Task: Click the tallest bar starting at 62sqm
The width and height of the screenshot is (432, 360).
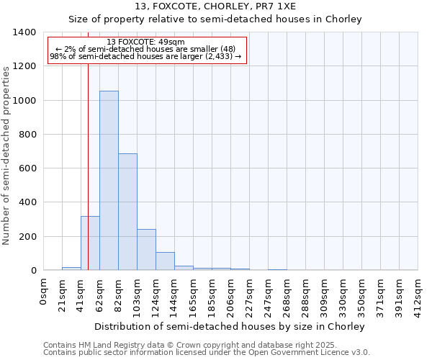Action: pyautogui.click(x=109, y=180)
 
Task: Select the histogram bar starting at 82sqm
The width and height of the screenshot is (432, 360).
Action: pyautogui.click(x=127, y=212)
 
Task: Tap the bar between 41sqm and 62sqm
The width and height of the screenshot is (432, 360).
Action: pyautogui.click(x=90, y=243)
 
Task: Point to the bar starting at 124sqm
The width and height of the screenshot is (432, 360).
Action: pyautogui.click(x=165, y=261)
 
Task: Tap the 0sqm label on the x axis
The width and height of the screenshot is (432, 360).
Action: pyautogui.click(x=44, y=292)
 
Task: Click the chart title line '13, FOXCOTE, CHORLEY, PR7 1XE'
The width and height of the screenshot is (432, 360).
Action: pyautogui.click(x=214, y=6)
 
